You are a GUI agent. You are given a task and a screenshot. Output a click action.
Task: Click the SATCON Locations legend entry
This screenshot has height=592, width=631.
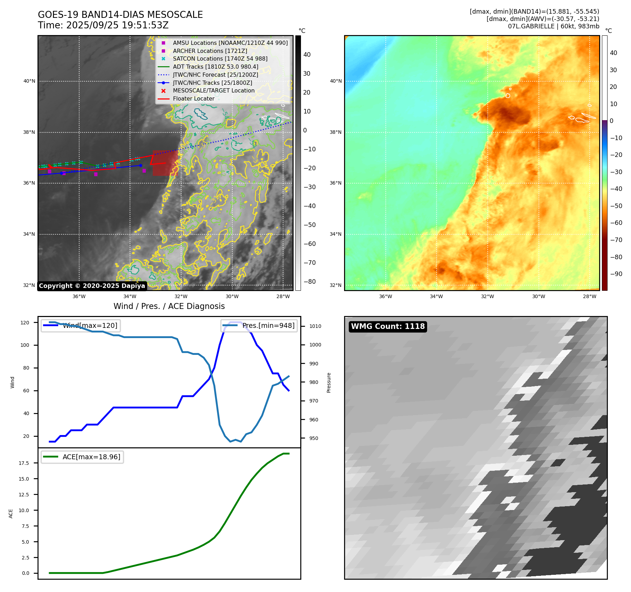[x=220, y=59]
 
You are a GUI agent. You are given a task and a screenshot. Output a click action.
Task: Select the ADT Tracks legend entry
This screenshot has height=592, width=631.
[x=215, y=67]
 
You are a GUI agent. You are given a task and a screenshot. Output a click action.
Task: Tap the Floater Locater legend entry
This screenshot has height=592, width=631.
[x=193, y=99]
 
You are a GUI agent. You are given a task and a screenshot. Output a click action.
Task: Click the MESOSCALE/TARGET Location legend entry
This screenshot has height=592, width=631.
[x=214, y=91]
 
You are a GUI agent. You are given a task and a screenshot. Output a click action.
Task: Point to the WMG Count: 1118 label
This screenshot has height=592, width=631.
[x=388, y=326]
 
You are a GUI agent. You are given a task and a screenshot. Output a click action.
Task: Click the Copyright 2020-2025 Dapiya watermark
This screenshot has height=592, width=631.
[x=92, y=286]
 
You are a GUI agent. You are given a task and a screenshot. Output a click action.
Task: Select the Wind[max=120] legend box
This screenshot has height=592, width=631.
[x=81, y=326]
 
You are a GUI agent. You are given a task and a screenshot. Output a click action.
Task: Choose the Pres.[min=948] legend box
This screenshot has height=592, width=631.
[x=259, y=326]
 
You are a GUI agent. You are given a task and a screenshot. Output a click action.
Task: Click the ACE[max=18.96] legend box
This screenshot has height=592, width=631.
[x=82, y=457]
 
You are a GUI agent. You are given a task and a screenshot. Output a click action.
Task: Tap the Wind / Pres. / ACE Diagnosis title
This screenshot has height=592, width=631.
[x=169, y=306]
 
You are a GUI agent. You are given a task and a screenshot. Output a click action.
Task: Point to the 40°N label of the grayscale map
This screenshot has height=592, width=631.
[x=29, y=81]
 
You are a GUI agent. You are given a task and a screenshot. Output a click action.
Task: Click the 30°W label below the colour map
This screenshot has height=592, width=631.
[x=539, y=297]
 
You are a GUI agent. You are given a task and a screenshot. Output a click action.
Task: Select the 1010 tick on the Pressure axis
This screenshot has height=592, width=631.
[x=315, y=326]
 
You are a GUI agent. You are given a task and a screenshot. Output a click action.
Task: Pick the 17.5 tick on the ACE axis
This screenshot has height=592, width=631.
[x=24, y=463]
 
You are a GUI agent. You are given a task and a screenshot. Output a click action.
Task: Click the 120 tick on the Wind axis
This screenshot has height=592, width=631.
[x=25, y=323]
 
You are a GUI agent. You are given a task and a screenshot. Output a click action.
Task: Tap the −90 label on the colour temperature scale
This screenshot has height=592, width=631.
[x=616, y=274]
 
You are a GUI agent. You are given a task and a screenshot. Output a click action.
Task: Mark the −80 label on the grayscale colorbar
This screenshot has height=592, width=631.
[x=309, y=282]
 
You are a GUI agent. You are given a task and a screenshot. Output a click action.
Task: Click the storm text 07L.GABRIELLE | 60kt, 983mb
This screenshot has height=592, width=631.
[x=554, y=26]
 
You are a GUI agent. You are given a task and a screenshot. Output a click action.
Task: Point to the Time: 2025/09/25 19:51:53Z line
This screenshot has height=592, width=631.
[x=103, y=26]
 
